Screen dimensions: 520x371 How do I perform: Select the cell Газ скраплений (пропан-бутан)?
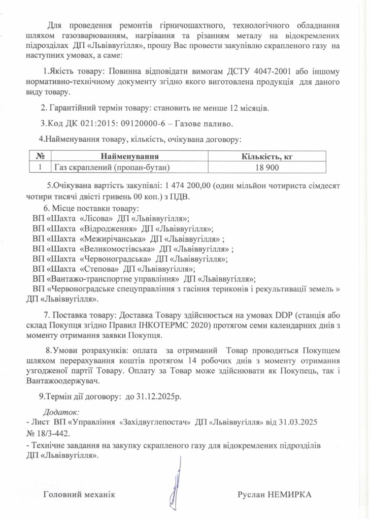(112, 167)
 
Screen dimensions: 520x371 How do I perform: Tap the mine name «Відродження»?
(108, 229)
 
